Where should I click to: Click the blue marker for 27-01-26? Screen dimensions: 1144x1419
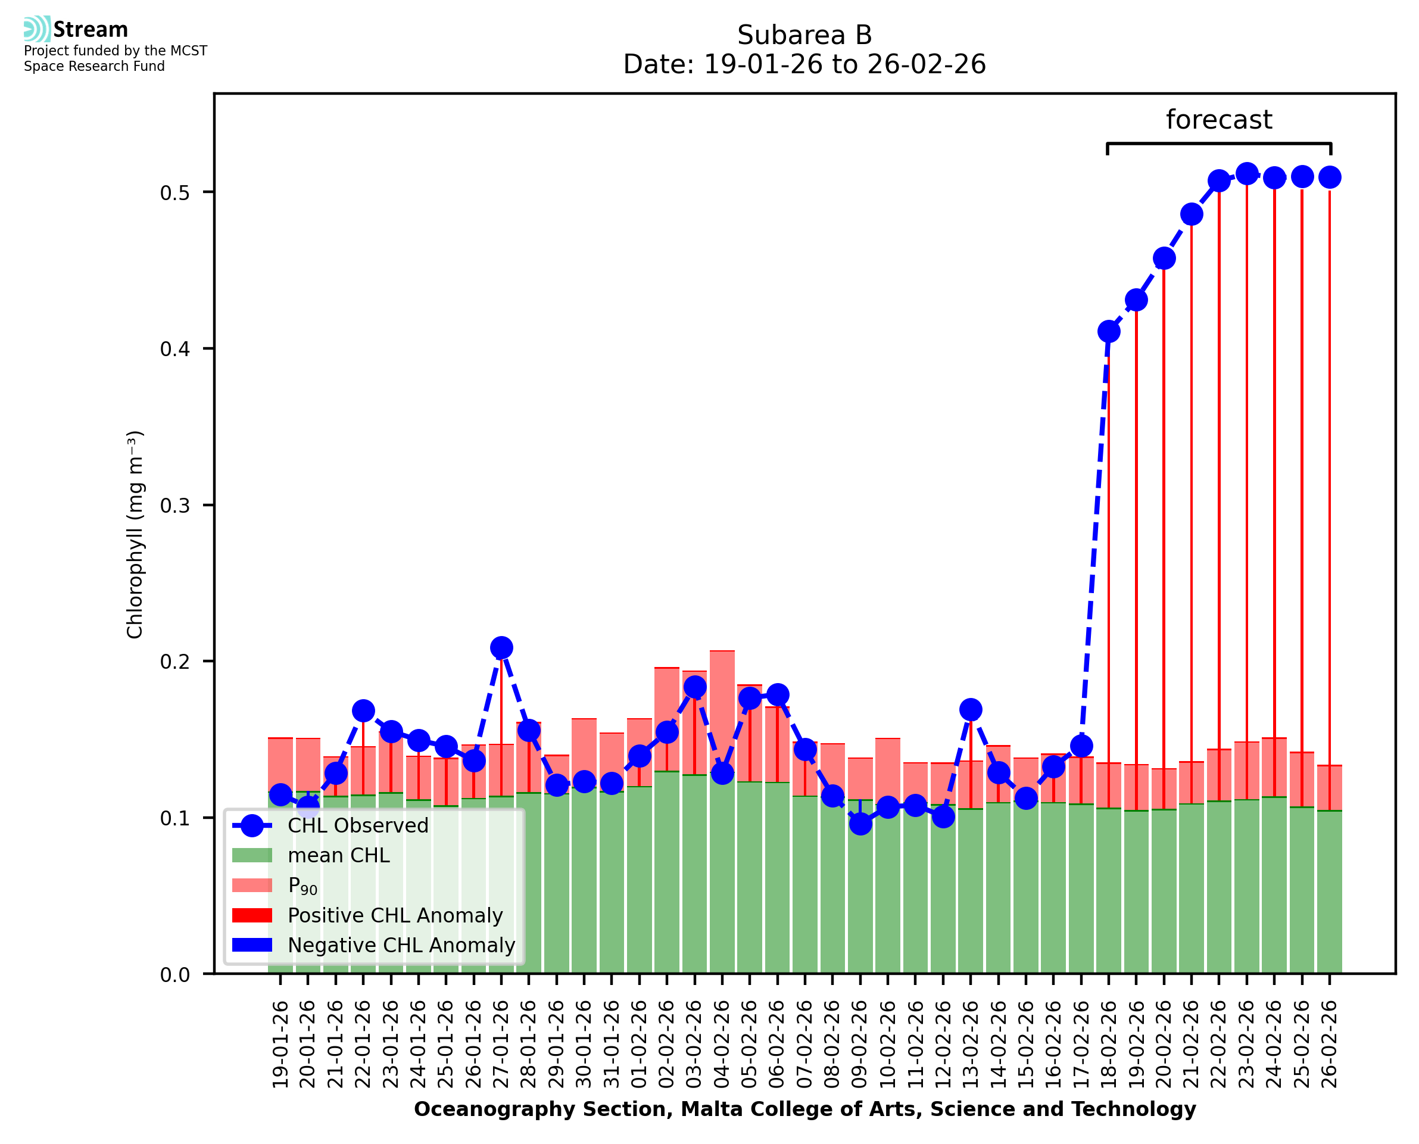[501, 648]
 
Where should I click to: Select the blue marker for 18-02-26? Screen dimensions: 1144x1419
[1109, 332]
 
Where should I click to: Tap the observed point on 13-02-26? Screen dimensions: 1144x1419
[971, 710]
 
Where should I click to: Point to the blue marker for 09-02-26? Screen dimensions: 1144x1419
[860, 824]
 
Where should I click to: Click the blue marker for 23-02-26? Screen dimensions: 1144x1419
[1246, 174]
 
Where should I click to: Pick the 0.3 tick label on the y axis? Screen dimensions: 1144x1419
[174, 506]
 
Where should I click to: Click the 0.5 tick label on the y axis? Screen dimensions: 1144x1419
[174, 192]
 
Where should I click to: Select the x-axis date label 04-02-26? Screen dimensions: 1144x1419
[722, 1044]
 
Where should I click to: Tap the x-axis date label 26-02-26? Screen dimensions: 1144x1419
[1330, 1044]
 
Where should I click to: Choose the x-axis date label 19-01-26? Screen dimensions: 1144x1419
[280, 1044]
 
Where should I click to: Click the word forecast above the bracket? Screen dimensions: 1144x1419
[1219, 120]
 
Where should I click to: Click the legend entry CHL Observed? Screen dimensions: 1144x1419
[358, 826]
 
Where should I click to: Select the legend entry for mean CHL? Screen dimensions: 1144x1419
[339, 855]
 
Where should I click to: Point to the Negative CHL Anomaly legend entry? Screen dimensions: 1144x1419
[401, 945]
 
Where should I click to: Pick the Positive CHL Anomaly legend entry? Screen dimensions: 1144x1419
[395, 915]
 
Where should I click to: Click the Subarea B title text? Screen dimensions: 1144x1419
[804, 35]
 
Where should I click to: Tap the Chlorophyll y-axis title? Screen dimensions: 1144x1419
[135, 534]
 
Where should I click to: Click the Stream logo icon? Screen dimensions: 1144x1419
[37, 29]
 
